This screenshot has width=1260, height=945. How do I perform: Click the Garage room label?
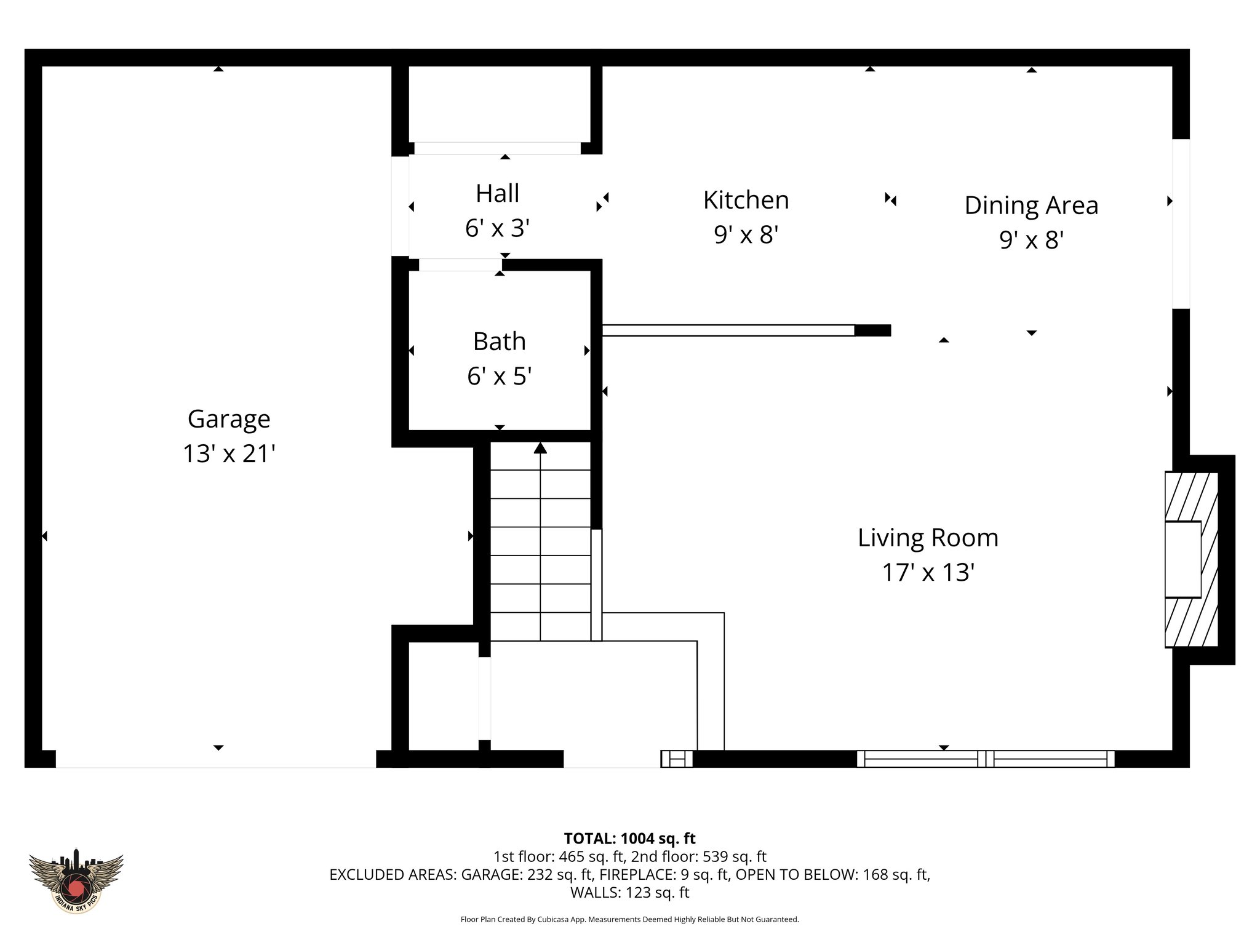click(x=228, y=419)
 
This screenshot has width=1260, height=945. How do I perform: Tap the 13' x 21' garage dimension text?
click(x=228, y=454)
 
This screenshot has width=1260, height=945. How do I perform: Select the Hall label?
click(x=497, y=193)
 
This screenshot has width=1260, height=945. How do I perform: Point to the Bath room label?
click(x=499, y=341)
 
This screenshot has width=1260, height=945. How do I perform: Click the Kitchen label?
click(x=746, y=200)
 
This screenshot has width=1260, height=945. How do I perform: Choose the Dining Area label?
click(x=1031, y=205)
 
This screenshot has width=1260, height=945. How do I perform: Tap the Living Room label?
click(x=928, y=538)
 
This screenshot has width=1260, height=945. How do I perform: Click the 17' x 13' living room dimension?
click(x=928, y=573)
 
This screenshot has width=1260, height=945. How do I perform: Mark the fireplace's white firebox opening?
click(x=1182, y=559)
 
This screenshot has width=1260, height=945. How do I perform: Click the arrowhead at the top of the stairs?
click(x=540, y=448)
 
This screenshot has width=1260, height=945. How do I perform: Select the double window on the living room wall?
click(x=986, y=759)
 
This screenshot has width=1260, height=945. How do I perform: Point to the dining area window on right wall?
click(x=1181, y=224)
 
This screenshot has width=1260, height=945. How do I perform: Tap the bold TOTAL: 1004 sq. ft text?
click(x=629, y=839)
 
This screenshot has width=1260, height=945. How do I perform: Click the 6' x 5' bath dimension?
click(x=499, y=376)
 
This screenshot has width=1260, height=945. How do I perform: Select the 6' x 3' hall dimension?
click(x=497, y=228)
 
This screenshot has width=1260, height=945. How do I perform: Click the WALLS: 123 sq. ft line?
click(x=629, y=892)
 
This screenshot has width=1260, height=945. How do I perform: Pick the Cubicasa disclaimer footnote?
click(x=629, y=920)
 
